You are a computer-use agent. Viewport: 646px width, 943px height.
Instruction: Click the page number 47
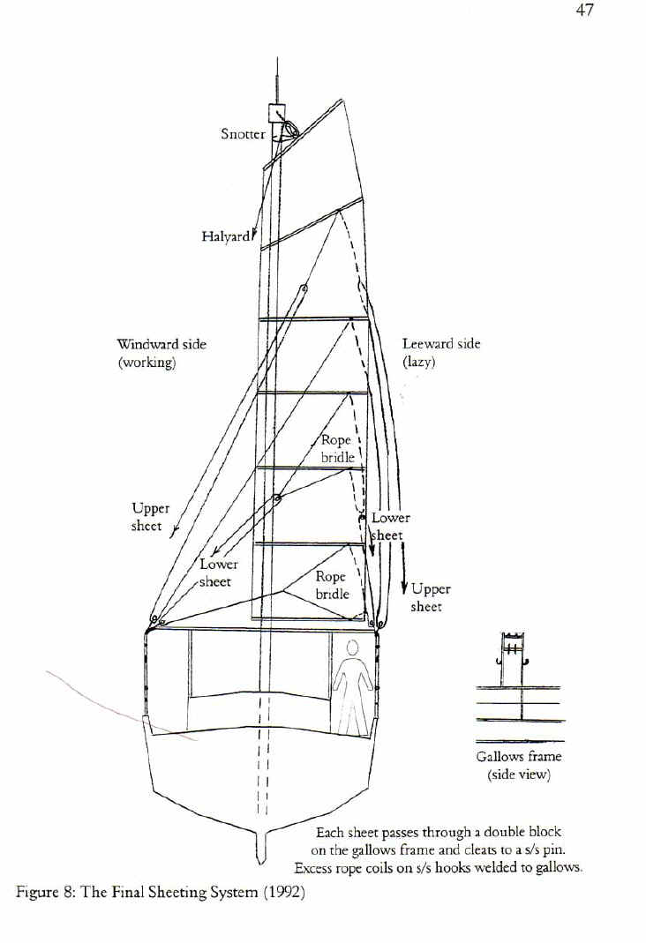pyautogui.click(x=583, y=11)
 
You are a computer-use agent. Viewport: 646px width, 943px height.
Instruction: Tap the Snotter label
pyautogui.click(x=243, y=133)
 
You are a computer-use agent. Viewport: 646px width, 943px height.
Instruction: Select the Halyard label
pyautogui.click(x=226, y=236)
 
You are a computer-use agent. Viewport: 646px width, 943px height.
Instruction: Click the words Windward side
pyautogui.click(x=161, y=344)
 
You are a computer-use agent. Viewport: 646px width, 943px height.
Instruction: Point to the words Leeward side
pyautogui.click(x=441, y=343)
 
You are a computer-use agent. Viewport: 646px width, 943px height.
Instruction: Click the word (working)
pyautogui.click(x=146, y=363)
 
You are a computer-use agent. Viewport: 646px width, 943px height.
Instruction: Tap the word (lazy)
pyautogui.click(x=418, y=362)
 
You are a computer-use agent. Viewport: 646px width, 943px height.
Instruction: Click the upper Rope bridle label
pyautogui.click(x=337, y=449)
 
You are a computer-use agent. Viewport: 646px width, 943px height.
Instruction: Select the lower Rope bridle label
pyautogui.click(x=332, y=585)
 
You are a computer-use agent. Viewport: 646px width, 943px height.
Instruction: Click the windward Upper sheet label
pyautogui.click(x=150, y=517)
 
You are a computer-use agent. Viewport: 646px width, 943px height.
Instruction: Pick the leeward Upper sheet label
pyautogui.click(x=430, y=598)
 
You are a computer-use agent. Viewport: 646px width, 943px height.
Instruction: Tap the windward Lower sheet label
pyautogui.click(x=218, y=573)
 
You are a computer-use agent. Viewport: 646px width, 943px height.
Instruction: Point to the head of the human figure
pyautogui.click(x=353, y=648)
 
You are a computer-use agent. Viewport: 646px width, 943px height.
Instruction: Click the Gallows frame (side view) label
pyautogui.click(x=519, y=766)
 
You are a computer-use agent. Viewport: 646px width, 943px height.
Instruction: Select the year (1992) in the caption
pyautogui.click(x=283, y=892)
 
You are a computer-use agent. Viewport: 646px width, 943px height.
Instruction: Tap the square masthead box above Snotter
pyautogui.click(x=277, y=112)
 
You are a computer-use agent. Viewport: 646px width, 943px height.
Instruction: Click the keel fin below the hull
pyautogui.click(x=260, y=848)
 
